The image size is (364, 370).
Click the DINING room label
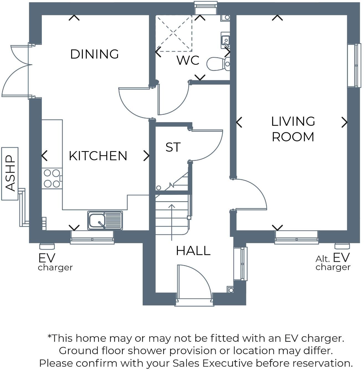94,54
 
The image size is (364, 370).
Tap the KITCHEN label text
98,156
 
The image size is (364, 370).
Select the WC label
188,60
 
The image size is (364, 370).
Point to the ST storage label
173,147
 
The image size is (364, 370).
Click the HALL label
193,251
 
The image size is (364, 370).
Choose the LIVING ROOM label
293,129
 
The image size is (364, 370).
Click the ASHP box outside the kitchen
10,174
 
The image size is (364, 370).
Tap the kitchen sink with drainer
105,220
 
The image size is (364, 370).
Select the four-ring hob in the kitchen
52,178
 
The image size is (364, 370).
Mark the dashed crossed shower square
174,33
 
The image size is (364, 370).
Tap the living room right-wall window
354,66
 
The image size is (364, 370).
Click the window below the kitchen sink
92,237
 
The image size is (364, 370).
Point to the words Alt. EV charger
333,262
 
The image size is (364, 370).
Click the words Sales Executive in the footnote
212,363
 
